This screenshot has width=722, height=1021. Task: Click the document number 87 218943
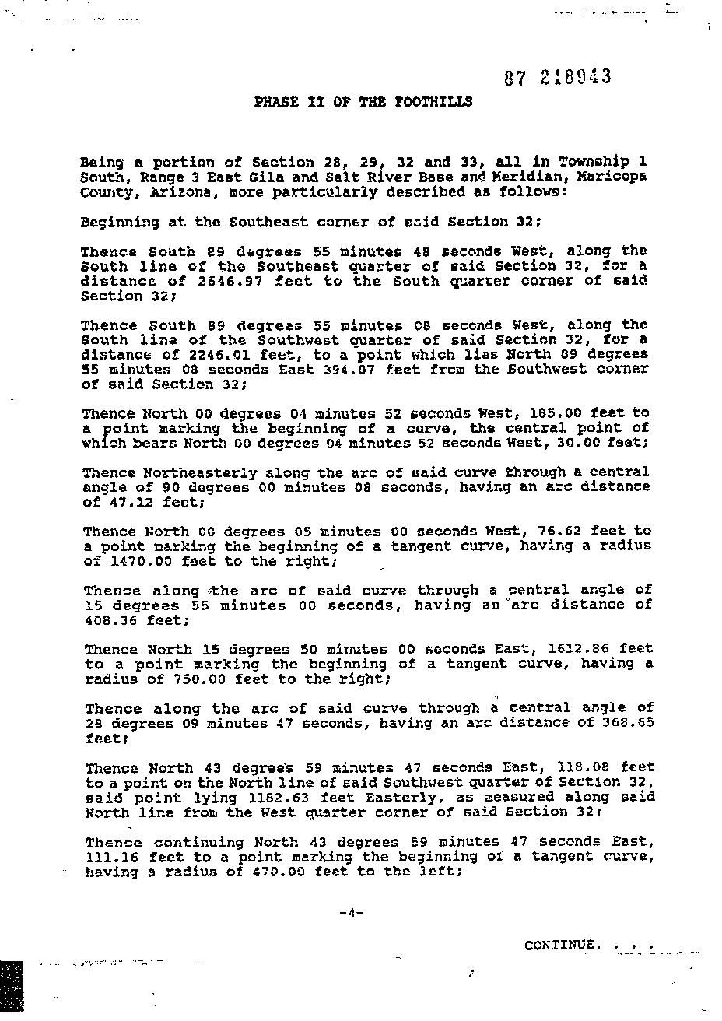[x=557, y=77]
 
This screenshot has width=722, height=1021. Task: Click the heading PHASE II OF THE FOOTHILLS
[x=363, y=102]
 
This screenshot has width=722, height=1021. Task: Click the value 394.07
[x=329, y=369]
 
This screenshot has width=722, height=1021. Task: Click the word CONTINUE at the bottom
[x=562, y=945]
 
